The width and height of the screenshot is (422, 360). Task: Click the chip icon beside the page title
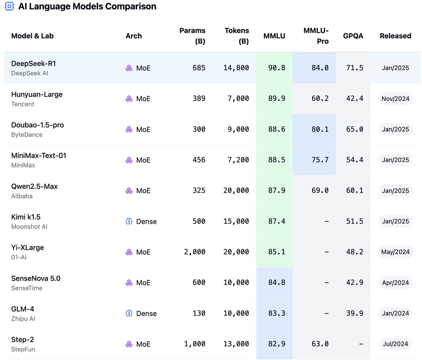9,6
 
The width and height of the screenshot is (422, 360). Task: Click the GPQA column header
353,36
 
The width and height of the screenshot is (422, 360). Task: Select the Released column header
395,36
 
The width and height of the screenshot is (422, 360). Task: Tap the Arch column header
134,36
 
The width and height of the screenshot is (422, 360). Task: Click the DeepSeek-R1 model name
33,64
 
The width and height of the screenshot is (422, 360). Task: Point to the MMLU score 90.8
276,68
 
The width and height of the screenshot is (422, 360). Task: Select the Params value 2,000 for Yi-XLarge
194,252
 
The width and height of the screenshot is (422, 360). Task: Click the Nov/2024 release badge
395,99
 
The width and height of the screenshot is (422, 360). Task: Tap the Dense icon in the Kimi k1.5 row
129,221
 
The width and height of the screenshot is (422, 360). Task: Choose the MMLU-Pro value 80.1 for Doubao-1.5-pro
320,129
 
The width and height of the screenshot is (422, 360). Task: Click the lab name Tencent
23,104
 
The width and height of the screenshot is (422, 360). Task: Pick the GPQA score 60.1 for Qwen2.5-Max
354,190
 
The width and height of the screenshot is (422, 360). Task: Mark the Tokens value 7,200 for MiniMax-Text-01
238,160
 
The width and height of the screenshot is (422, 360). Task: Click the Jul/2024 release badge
395,344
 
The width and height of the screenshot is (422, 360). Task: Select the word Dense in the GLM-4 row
146,313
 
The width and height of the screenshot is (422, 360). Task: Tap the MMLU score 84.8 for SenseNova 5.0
276,283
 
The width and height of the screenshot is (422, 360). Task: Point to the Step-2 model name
23,340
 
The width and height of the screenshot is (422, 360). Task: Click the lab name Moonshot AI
29,227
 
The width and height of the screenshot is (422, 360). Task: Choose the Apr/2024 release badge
395,283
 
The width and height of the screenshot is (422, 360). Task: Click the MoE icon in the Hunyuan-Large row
129,99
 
